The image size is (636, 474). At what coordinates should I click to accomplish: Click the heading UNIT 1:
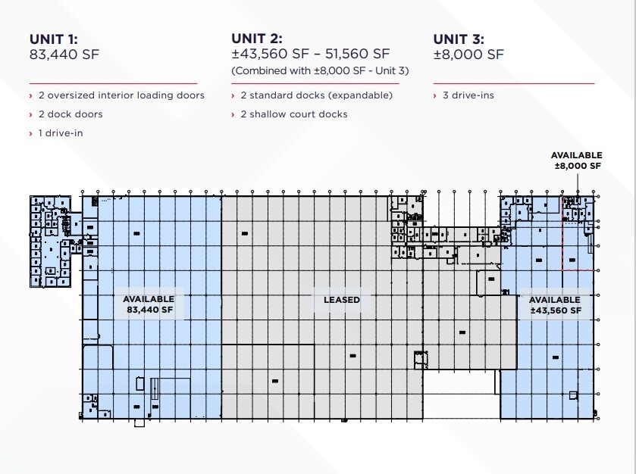pos(55,39)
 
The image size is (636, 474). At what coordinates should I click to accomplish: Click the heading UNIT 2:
pos(256,39)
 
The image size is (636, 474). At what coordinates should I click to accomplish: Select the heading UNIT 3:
pos(459,39)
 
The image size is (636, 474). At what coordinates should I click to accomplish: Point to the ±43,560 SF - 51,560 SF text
pos(310,55)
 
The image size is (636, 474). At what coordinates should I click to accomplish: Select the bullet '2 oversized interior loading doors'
pos(121,95)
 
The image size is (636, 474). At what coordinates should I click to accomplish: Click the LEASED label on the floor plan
pos(342,300)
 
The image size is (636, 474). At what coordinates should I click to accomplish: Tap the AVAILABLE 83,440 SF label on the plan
pos(149,304)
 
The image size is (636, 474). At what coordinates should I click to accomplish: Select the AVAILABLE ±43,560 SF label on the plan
pos(556,305)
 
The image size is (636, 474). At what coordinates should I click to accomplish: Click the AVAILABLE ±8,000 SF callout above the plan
pos(576,161)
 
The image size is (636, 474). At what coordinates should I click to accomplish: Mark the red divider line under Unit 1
pos(113,83)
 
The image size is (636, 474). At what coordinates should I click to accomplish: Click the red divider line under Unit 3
pos(513,83)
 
